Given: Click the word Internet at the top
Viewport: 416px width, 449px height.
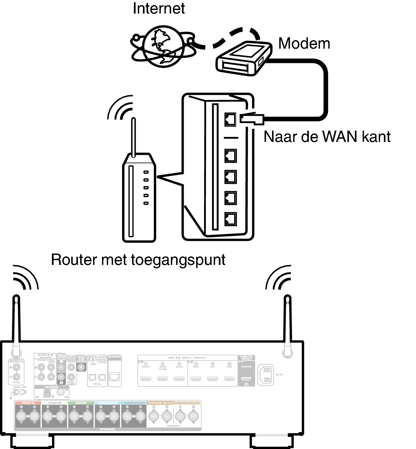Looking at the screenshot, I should (159, 8).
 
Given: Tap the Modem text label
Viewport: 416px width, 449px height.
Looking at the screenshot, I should (304, 43).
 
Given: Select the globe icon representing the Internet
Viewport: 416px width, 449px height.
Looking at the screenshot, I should (163, 46).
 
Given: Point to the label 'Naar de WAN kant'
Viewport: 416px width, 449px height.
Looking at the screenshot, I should (327, 137).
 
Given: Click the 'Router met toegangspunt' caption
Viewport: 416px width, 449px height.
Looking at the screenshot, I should (138, 260).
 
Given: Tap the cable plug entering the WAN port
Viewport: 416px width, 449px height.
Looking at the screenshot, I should (252, 118).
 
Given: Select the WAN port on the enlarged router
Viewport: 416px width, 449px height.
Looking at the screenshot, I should (231, 119).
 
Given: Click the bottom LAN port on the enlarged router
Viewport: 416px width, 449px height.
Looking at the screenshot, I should (231, 218).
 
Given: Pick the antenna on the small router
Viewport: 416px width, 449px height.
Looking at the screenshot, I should (134, 138).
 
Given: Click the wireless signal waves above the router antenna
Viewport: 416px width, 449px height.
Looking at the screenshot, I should (122, 107).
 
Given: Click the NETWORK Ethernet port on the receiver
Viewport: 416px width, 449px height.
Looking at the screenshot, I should (115, 376).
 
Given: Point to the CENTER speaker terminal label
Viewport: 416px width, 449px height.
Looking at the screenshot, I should (81, 403).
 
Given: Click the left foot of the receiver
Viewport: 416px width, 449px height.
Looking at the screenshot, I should (30, 441).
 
